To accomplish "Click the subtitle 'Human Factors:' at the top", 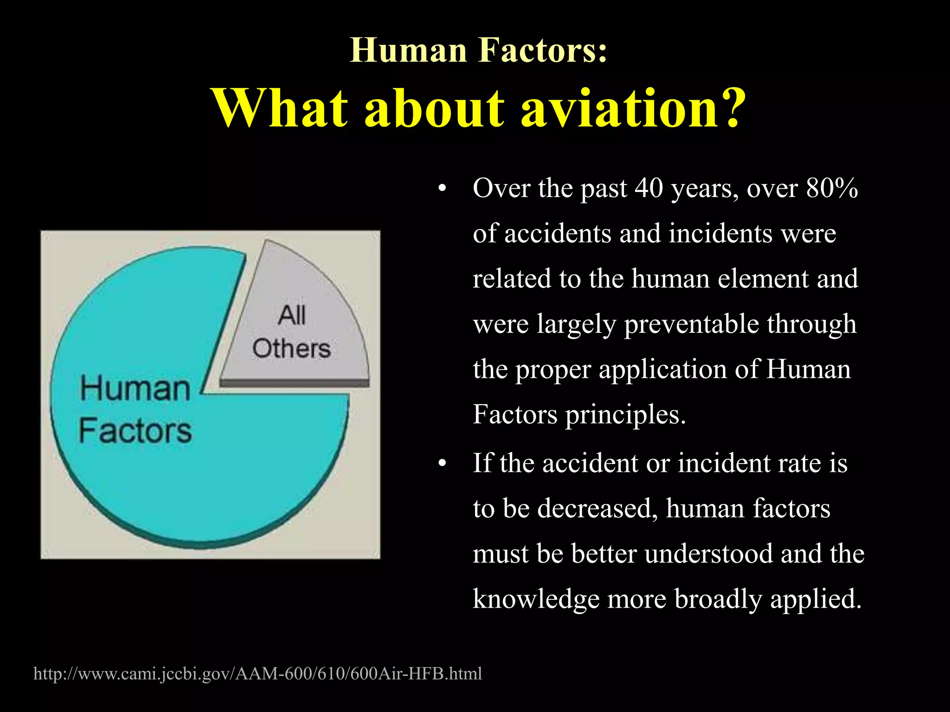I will point(478,50).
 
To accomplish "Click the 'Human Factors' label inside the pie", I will point(135,410).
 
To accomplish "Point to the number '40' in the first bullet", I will point(649,188).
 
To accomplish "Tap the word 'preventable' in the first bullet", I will point(693,324).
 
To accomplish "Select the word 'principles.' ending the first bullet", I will point(625,414).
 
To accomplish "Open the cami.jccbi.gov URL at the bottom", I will point(258,673).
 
